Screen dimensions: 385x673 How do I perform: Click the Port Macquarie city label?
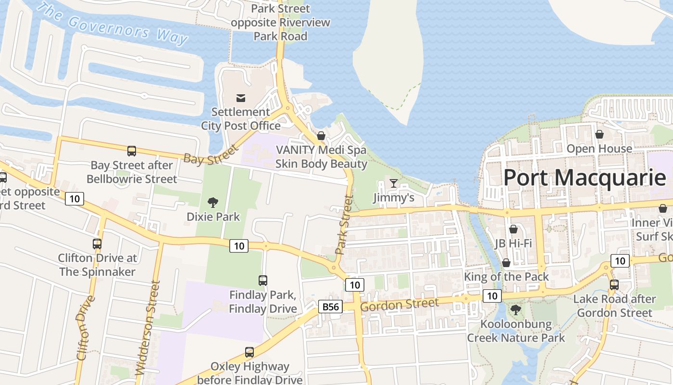click(x=585, y=178)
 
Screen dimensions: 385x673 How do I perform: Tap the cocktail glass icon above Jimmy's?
click(x=394, y=183)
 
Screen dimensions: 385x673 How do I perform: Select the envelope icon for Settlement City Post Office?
click(x=241, y=98)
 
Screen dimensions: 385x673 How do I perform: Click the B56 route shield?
click(x=330, y=307)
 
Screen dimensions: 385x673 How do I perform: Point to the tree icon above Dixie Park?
click(x=212, y=202)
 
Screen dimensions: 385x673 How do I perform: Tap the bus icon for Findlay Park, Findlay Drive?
click(x=262, y=280)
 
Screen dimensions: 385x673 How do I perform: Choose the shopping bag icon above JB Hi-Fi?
click(x=513, y=229)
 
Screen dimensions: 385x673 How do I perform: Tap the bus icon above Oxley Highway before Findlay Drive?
click(x=249, y=352)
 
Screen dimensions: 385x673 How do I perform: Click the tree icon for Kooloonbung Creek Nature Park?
click(x=516, y=309)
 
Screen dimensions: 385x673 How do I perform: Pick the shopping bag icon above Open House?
click(x=599, y=134)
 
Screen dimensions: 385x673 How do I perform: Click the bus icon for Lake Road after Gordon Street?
click(x=614, y=284)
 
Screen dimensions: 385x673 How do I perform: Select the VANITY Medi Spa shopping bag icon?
click(x=321, y=136)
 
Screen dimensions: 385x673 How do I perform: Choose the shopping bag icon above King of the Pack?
click(x=506, y=263)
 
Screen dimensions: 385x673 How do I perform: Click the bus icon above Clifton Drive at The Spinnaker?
click(x=97, y=244)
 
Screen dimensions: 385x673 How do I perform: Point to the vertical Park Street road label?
click(x=344, y=224)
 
